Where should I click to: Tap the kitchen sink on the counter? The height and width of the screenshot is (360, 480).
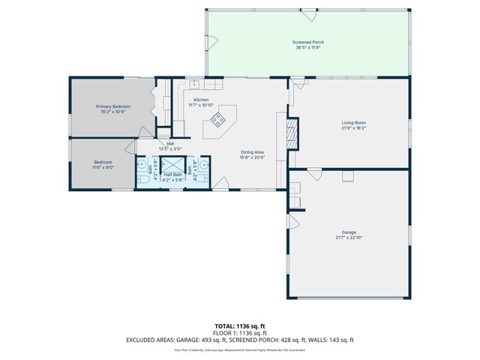pyautogui.click(x=193, y=83)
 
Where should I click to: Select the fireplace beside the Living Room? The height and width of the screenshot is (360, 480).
pyautogui.click(x=295, y=133)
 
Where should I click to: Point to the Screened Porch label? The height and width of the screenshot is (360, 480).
pyautogui.click(x=307, y=42)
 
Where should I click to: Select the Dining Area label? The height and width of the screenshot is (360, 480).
pyautogui.click(x=252, y=152)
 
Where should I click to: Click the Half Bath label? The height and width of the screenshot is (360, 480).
pyautogui.click(x=173, y=175)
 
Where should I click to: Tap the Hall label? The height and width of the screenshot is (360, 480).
pyautogui.click(x=170, y=143)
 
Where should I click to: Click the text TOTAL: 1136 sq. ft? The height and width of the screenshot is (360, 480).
pyautogui.click(x=239, y=326)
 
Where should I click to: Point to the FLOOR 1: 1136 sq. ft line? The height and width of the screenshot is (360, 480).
pyautogui.click(x=239, y=333)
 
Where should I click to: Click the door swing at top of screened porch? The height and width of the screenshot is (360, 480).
pyautogui.click(x=308, y=14)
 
